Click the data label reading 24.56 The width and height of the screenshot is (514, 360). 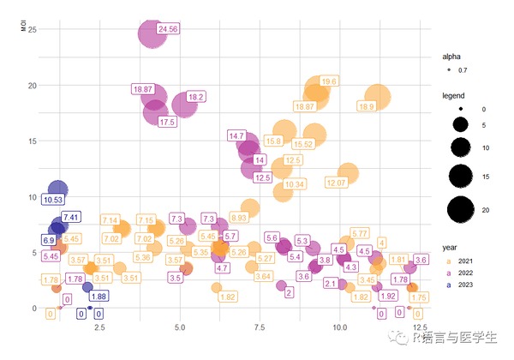pyautogui.click(x=168, y=29)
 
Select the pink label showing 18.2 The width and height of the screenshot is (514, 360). pyautogui.click(x=195, y=97)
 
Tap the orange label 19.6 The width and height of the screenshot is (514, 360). pyautogui.click(x=329, y=81)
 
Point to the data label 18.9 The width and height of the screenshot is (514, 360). pyautogui.click(x=367, y=106)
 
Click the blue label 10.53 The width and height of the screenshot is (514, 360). pyautogui.click(x=53, y=200)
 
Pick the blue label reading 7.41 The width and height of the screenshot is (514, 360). pyautogui.click(x=71, y=218)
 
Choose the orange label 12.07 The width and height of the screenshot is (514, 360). pyautogui.click(x=337, y=183)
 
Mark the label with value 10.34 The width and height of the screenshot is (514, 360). pyautogui.click(x=294, y=184)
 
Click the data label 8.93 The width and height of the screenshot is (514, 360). pyautogui.click(x=238, y=219)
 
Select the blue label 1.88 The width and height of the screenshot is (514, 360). pyautogui.click(x=99, y=297)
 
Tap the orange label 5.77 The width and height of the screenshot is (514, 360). pyautogui.click(x=360, y=233)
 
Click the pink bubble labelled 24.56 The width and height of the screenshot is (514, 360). pyautogui.click(x=151, y=33)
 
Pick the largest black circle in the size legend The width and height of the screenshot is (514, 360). pyautogui.click(x=460, y=208)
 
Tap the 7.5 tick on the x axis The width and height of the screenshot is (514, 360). pyautogui.click(x=260, y=328)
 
